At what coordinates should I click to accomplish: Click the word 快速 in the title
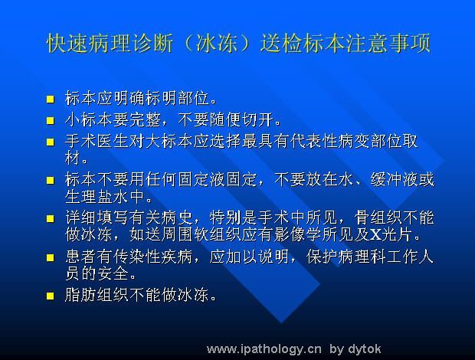68,44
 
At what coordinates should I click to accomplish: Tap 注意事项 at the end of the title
388,44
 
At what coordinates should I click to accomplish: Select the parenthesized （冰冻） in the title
217,44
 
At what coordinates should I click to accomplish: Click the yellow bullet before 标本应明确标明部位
51,100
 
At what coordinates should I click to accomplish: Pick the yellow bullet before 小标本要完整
51,121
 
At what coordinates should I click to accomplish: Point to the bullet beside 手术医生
51,142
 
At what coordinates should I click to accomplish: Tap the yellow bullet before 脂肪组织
51,296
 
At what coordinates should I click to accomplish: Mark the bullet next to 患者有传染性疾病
51,257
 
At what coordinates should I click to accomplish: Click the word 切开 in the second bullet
258,119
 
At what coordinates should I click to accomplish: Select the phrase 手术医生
97,142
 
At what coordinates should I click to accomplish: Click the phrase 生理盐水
97,197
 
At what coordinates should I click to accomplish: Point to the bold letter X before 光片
375,234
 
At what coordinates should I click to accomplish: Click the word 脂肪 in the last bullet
80,295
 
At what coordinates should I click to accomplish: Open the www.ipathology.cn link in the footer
264,349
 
